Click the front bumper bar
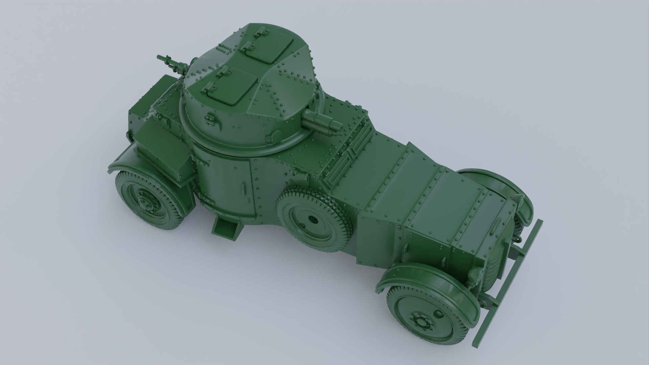click(507, 287)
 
